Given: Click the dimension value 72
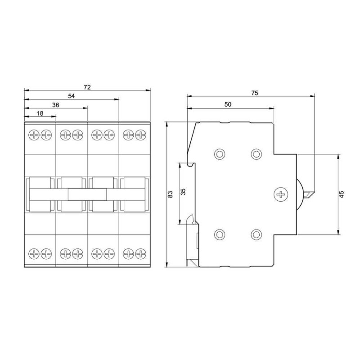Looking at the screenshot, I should click(x=87, y=87).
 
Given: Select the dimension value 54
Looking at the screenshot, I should click(x=71, y=96).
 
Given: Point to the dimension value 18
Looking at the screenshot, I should click(x=40, y=113).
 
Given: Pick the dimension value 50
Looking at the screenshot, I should click(x=228, y=104).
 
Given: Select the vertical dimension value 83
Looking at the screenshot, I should click(x=170, y=194).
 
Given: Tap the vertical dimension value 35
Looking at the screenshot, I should click(x=183, y=192).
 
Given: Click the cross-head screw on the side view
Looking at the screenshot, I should click(x=280, y=194).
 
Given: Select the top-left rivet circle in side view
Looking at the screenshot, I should click(x=220, y=154).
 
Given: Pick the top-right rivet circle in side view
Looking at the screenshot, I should click(x=256, y=154).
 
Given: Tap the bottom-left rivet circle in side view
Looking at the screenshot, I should click(x=220, y=234).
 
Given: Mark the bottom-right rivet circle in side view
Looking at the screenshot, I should click(x=256, y=234).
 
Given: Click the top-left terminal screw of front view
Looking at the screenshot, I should click(x=34, y=134).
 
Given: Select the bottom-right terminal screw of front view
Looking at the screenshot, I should click(x=141, y=254).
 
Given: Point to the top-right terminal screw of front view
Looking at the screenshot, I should click(x=141, y=134).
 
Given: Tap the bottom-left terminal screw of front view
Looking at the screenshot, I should click(x=34, y=254).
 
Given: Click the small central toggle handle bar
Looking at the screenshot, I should click(x=87, y=194).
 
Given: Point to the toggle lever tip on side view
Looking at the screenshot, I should click(x=310, y=194).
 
